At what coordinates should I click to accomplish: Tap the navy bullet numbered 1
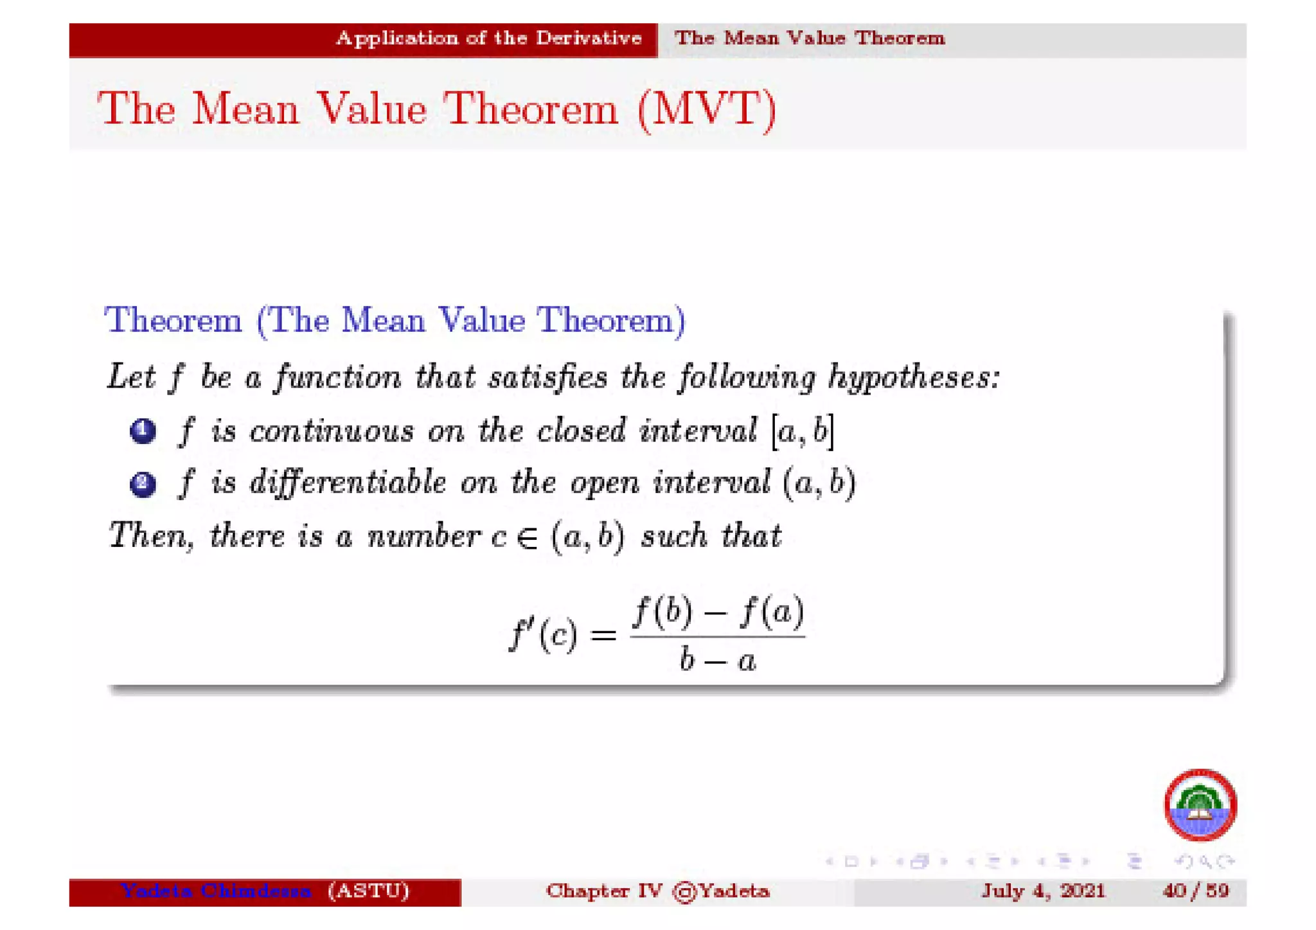pos(143,431)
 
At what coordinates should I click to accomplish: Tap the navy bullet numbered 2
pos(143,483)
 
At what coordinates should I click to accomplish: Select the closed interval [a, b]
pos(803,431)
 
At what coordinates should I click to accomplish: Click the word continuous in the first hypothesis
pos(332,431)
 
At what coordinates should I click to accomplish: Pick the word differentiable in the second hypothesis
pos(348,482)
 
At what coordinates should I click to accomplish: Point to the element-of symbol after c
pos(527,537)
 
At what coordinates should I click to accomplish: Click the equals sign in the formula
pos(603,636)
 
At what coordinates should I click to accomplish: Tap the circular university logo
pos(1200,805)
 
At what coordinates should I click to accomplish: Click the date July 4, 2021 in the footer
pos(1043,891)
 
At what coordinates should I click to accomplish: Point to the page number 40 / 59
pos(1195,891)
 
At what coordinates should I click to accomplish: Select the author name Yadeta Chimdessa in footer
pos(216,891)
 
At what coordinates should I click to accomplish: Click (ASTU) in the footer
pos(368,891)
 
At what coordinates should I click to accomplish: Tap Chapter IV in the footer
pos(603,891)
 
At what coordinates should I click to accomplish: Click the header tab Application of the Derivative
pos(488,39)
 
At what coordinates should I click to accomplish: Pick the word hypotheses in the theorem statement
pos(914,377)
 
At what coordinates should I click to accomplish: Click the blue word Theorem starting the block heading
pos(173,320)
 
